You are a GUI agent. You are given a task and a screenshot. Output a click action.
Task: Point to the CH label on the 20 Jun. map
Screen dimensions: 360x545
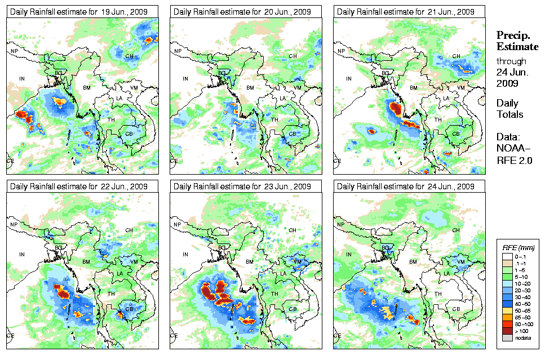click(x=293, y=56)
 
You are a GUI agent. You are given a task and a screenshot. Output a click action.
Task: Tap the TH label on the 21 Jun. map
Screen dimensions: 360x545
click(x=438, y=119)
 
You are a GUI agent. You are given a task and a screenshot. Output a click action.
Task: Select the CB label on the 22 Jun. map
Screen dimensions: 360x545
click(x=129, y=308)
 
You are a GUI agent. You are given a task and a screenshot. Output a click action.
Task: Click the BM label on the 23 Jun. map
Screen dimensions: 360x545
click(x=250, y=262)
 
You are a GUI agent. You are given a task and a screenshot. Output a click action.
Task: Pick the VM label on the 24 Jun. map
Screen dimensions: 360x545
click(x=460, y=262)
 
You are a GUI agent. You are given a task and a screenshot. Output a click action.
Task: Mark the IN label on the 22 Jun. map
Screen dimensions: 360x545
click(x=22, y=255)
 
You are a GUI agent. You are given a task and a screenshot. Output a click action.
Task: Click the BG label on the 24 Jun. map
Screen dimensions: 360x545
click(x=386, y=247)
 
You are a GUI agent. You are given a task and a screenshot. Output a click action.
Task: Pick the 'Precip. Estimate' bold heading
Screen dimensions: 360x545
click(x=513, y=41)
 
